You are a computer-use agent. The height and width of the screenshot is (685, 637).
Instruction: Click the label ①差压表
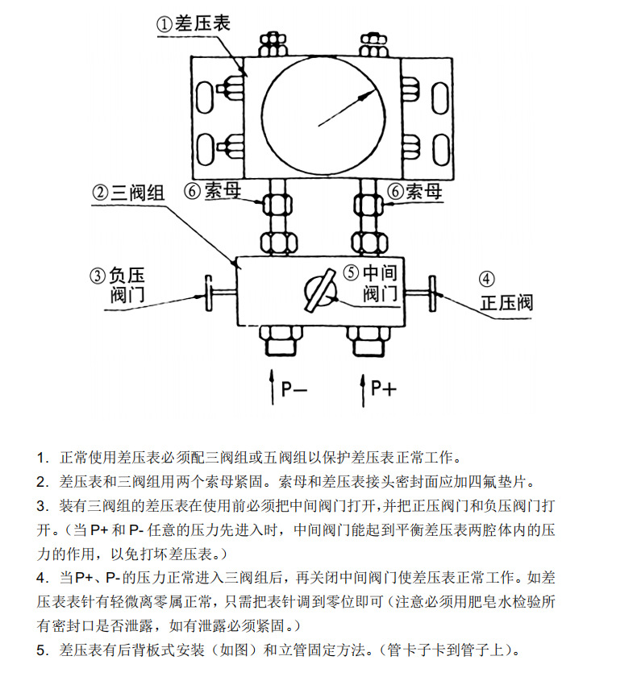tap(193, 23)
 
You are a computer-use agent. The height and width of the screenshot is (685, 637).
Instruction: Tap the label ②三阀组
tap(128, 193)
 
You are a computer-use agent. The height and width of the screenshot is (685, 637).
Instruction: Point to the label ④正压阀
tap(506, 293)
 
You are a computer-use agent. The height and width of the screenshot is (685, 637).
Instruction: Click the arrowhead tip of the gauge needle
tap(375, 93)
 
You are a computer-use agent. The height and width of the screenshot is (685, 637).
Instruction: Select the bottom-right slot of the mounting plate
tap(442, 151)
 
